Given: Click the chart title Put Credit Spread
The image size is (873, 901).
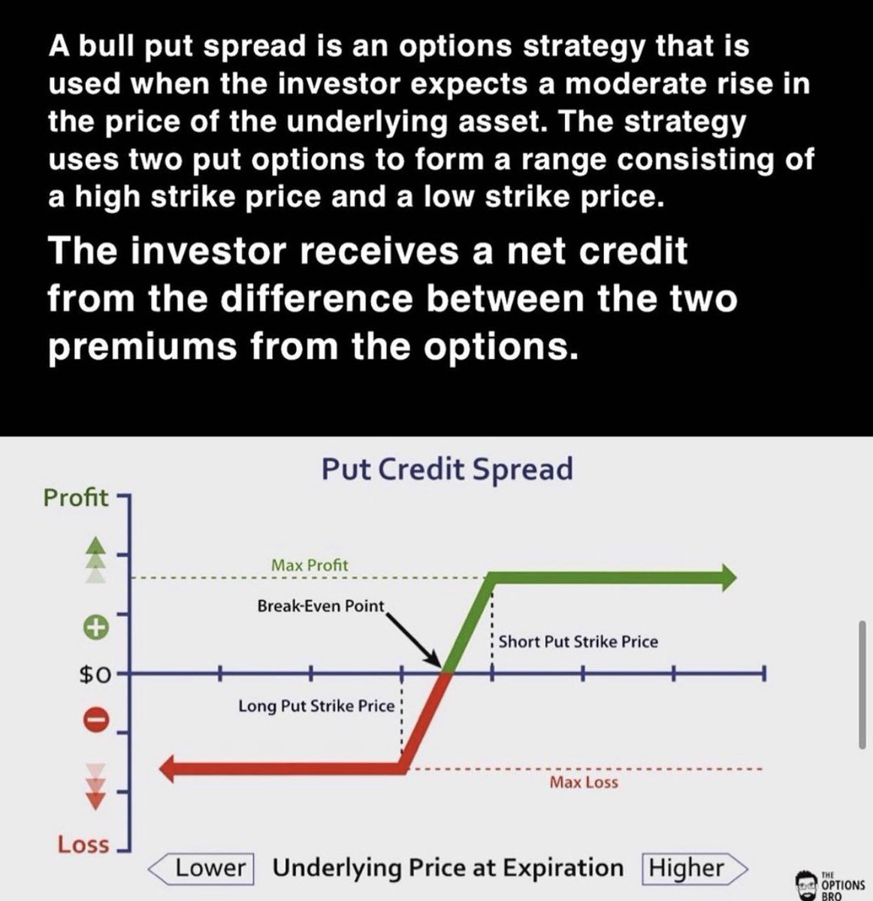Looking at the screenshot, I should click(446, 469).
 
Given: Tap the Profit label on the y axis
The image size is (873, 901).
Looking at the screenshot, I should click(75, 497).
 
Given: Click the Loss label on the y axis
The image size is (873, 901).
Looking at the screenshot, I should click(83, 845).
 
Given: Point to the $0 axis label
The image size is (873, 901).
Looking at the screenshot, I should click(95, 675).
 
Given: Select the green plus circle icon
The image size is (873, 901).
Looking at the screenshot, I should click(96, 627).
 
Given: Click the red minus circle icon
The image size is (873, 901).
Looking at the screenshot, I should click(96, 719).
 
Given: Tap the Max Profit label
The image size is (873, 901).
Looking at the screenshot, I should click(310, 565).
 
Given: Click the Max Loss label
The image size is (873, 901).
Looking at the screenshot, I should click(584, 782).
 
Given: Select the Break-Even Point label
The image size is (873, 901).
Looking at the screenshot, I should click(320, 605).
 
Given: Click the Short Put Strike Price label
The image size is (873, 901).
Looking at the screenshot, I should click(578, 642).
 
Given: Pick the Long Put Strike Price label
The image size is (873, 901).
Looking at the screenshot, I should click(316, 707).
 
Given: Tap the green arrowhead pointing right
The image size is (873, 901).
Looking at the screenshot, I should click(726, 577).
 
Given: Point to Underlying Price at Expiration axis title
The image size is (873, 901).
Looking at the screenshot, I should click(448, 868).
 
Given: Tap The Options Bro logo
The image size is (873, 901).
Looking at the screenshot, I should click(829, 884).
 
